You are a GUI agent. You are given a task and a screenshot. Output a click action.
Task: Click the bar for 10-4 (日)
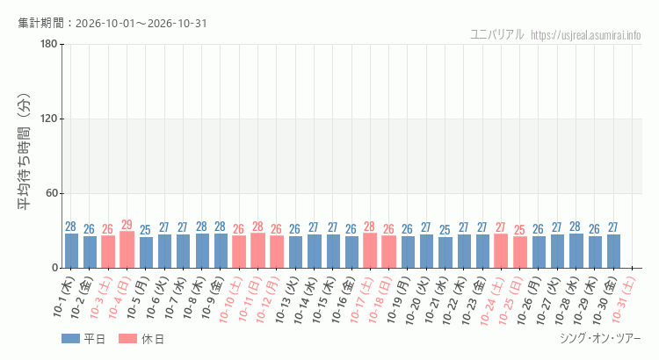tap(127, 249)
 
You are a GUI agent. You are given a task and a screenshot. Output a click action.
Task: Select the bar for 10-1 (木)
tap(71, 251)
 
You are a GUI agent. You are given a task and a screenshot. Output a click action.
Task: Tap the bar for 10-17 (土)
tap(370, 250)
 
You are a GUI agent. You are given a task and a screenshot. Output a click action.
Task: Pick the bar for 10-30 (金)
tap(613, 251)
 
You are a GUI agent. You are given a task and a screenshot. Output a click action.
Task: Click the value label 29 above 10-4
tap(127, 225)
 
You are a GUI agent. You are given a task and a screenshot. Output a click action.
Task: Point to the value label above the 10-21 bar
tap(445, 230)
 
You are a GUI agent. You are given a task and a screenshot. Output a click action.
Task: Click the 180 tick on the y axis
tap(49, 44)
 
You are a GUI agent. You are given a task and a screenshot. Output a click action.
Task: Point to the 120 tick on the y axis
tap(49, 119)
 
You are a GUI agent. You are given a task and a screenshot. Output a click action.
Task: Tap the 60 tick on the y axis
tap(52, 193)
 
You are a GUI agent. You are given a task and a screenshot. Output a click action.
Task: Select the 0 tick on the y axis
tap(55, 268)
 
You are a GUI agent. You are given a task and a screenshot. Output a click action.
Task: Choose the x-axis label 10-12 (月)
tap(268, 300)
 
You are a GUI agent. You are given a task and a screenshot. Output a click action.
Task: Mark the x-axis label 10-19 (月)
tap(397, 300)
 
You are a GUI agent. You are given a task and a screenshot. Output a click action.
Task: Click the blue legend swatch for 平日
tap(70, 339)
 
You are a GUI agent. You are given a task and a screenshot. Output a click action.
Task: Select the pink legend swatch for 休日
tap(127, 339)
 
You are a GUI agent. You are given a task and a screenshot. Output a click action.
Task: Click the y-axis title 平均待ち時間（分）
tap(25, 151)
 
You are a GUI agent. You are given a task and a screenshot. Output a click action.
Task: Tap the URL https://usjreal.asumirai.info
tap(585, 35)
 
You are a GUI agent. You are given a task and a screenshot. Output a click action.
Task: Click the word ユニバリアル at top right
tap(496, 34)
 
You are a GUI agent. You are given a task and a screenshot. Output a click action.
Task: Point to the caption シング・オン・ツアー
tap(600, 339)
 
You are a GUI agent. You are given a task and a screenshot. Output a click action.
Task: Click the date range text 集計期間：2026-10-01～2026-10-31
tap(112, 23)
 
